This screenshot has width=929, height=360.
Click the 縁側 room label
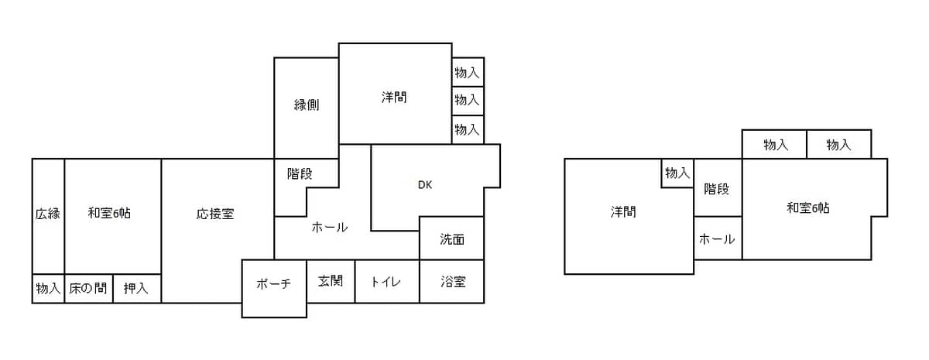pos(307,105)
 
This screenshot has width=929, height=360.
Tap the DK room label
pos(424,185)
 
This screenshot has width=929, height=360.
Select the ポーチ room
pos(273,283)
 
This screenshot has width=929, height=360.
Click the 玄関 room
pos(331,281)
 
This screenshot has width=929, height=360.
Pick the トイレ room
pos(386,282)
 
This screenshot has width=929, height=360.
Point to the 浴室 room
pos(452,282)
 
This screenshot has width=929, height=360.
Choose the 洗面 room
pos(452,239)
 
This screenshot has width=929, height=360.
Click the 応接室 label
pos(215,214)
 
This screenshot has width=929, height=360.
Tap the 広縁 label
pos(47,214)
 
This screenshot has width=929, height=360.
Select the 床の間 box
pos(88,289)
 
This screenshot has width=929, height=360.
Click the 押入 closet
pos(136,289)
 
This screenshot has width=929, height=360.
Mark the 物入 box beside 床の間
pos(48,289)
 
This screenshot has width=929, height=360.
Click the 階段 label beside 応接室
pos(300,173)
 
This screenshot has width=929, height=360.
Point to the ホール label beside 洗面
pos(330,228)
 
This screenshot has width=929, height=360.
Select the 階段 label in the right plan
pos(717,189)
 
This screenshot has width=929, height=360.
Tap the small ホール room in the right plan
pos(717,239)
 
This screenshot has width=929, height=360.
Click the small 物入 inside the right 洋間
pos(677,173)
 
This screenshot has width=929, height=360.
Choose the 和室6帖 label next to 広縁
pos(109,214)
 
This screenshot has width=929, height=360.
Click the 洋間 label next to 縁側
pos(394,98)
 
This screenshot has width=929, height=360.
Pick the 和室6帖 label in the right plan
pos(808,207)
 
